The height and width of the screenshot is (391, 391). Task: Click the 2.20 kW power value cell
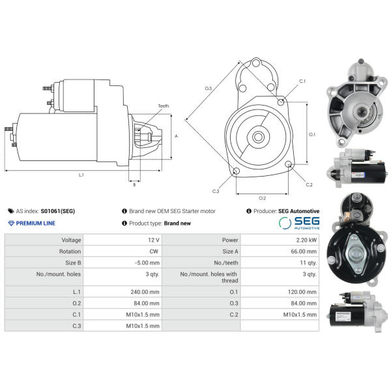click(306, 240)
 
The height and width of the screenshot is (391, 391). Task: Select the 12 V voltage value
click(154, 240)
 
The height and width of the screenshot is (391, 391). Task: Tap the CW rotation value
click(154, 252)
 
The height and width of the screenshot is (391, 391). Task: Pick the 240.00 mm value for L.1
click(145, 292)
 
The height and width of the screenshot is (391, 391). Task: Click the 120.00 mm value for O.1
click(302, 292)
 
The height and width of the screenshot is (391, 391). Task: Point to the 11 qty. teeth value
click(308, 263)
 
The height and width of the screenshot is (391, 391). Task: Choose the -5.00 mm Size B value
click(147, 263)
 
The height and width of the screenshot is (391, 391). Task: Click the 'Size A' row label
click(230, 252)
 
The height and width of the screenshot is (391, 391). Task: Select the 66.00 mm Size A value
click(304, 252)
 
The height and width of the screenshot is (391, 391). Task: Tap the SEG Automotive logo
click(299, 223)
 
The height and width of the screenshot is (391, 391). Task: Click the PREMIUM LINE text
click(36, 223)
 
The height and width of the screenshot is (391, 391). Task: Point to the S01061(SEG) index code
click(58, 211)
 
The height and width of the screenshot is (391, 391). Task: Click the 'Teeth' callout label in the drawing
click(164, 106)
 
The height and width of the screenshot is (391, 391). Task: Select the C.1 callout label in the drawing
click(302, 81)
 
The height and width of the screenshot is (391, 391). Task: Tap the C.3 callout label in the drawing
click(216, 191)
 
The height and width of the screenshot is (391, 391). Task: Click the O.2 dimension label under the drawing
click(263, 198)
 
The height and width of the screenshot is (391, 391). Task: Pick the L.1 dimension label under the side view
click(81, 175)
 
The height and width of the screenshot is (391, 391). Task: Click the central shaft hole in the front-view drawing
click(258, 137)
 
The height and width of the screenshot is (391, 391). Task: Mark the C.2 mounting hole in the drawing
click(289, 164)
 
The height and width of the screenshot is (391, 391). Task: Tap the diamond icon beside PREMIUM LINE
click(11, 223)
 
